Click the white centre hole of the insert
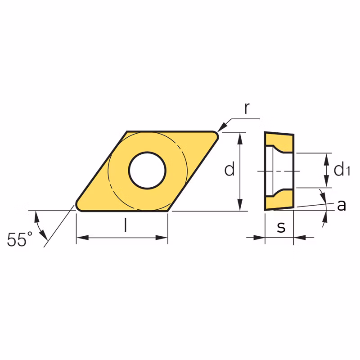tap(147, 171)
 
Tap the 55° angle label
tap(20, 239)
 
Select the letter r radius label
tap(247, 108)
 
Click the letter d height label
tap(229, 168)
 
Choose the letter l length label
tap(125, 225)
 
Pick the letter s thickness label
tap(281, 227)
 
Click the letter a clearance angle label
tap(342, 205)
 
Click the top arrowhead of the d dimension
tap(240, 138)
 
